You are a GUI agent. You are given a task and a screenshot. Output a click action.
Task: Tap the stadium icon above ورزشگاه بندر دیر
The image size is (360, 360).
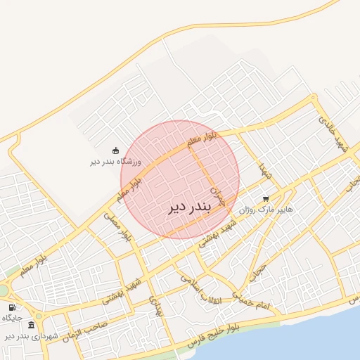(x=116, y=150)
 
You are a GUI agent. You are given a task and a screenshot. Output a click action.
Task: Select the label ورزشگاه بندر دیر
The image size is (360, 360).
(x=116, y=161)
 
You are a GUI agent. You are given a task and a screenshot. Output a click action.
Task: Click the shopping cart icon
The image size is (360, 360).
(x=266, y=199)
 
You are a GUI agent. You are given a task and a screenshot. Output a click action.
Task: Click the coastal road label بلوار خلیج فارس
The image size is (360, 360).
(x=217, y=335)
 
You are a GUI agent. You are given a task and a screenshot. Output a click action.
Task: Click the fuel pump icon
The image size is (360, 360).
(x=12, y=307)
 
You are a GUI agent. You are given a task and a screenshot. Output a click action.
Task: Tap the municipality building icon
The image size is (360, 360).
(x=31, y=325)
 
